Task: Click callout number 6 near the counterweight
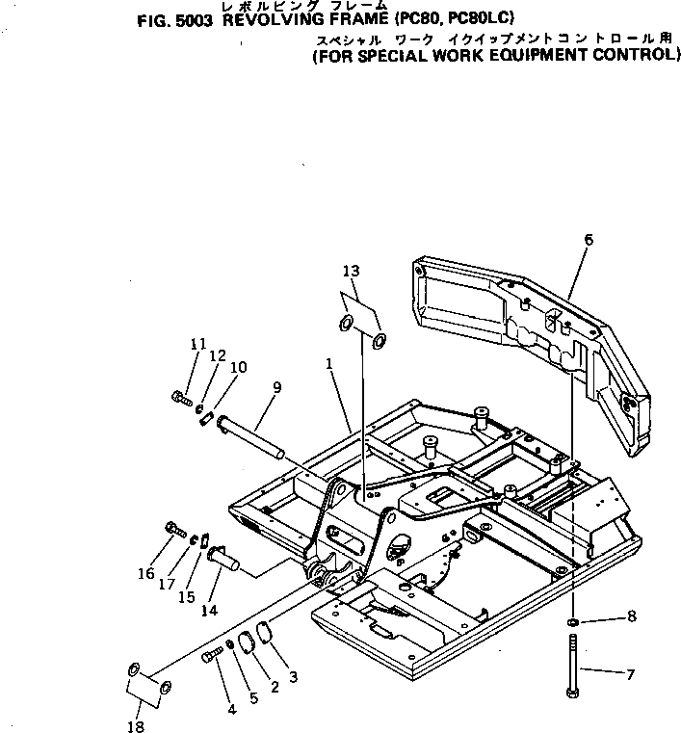coord(589,239)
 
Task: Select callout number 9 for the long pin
coord(277,387)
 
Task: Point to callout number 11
coord(198,344)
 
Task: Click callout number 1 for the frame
coord(329,366)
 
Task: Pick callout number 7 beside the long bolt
coord(630,674)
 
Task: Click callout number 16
coord(145,573)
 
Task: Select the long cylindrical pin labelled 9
coord(252,434)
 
